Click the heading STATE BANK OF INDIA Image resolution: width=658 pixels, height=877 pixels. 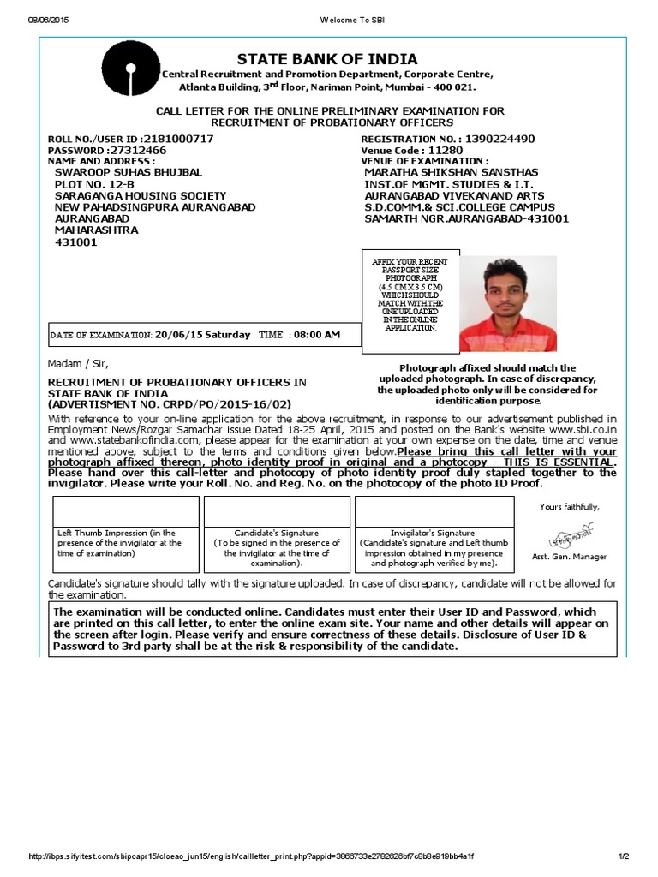327,59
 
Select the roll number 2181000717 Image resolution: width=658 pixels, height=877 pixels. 179,139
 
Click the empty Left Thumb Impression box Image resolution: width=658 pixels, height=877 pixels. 126,510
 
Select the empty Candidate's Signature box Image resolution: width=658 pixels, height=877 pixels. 276,510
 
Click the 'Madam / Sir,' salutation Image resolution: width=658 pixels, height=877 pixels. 78,363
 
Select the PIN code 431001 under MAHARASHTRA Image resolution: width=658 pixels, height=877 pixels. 75,242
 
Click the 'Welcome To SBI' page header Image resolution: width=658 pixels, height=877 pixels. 329,19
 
